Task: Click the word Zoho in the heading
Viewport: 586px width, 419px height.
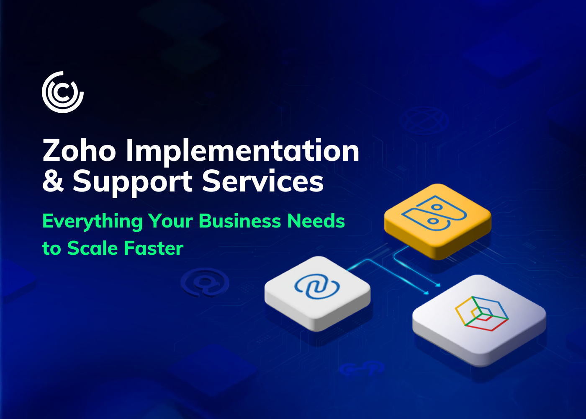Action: pos(79,150)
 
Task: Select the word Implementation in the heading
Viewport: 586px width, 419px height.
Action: pos(242,152)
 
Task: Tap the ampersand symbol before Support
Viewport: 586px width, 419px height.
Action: pos(53,181)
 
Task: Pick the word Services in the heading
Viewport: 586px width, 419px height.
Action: pos(263,181)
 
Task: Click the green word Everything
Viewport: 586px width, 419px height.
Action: pos(92,222)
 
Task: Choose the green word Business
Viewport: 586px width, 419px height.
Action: pos(240,221)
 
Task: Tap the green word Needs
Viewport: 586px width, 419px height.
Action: pos(316,221)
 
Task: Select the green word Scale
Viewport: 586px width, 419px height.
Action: pos(93,248)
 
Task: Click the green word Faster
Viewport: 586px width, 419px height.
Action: pos(154,248)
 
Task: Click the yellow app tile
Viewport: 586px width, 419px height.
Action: pos(438,221)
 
